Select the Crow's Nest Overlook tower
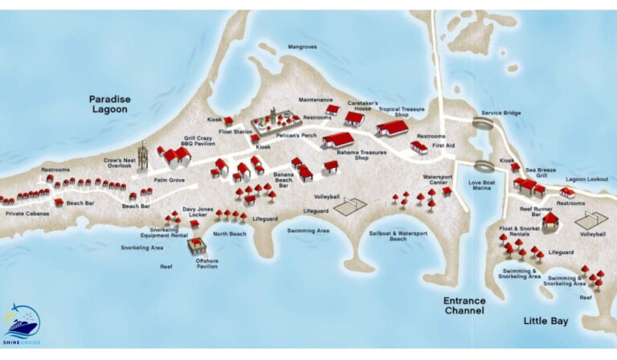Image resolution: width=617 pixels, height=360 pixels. [143, 156]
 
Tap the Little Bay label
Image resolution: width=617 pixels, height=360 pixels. [545, 321]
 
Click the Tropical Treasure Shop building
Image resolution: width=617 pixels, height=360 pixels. [392, 127]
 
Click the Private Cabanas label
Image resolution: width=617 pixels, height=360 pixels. [27, 215]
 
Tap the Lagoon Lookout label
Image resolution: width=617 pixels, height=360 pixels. [586, 179]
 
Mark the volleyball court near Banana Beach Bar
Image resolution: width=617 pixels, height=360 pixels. [350, 207]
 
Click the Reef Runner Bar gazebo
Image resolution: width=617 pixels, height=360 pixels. [550, 221]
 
